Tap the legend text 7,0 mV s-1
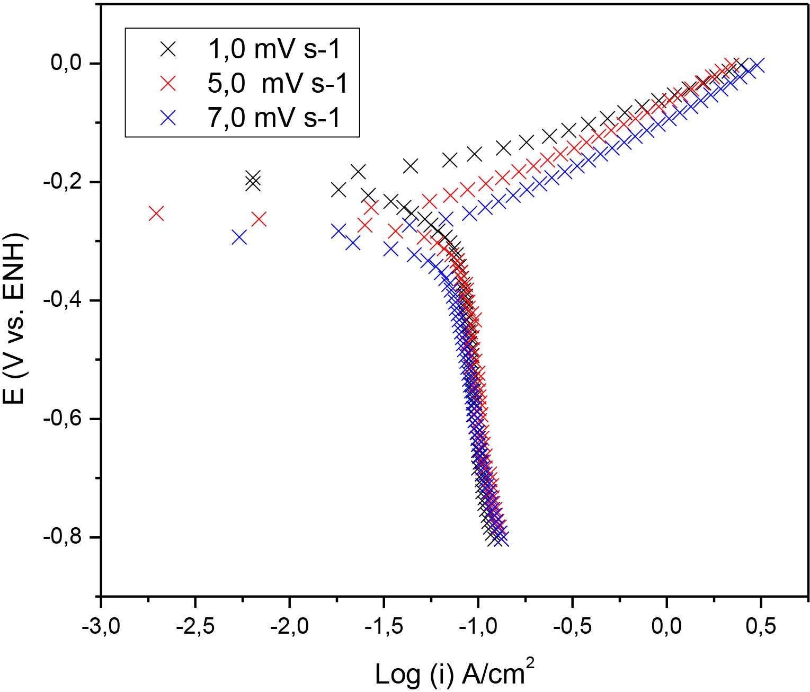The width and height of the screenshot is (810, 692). (x=274, y=117)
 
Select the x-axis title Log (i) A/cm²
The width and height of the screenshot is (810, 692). (x=454, y=673)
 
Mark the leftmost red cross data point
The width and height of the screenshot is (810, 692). (x=156, y=214)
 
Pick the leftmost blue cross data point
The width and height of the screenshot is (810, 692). (x=239, y=237)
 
